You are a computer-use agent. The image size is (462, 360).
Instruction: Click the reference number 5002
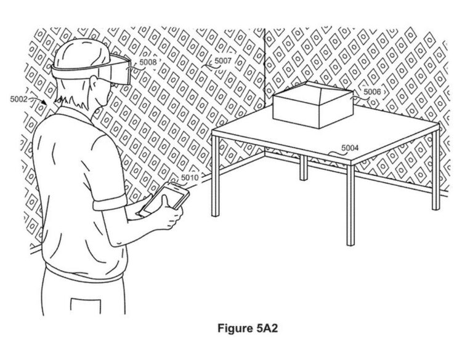click(x=18, y=99)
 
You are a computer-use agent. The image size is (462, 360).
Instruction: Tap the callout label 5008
click(x=148, y=62)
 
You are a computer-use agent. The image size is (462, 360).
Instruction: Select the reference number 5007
click(x=223, y=61)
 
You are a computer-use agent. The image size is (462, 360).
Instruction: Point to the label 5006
click(x=372, y=92)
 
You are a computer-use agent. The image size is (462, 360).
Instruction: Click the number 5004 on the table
click(x=350, y=148)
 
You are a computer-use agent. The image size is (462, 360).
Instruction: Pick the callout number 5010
click(x=190, y=177)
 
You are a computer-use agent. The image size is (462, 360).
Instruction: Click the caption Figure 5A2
click(x=248, y=328)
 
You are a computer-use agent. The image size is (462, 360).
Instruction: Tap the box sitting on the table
click(x=313, y=105)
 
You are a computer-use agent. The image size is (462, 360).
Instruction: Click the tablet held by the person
click(x=164, y=199)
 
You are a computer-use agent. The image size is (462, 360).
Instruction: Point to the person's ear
click(x=94, y=83)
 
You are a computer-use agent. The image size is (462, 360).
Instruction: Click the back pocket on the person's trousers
click(x=86, y=306)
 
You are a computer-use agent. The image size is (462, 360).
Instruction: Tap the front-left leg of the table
click(x=216, y=176)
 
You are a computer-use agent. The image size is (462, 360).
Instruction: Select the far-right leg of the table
click(x=436, y=168)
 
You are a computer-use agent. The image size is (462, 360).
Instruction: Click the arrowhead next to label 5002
click(x=44, y=102)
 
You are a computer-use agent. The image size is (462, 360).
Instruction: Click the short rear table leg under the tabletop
click(x=304, y=168)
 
